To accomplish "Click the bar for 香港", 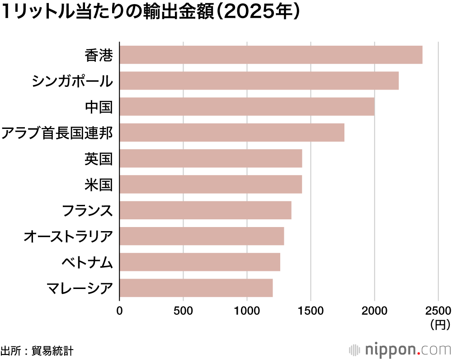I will [x=271, y=55].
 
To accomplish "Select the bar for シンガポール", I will [x=259, y=81].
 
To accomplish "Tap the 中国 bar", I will [x=247, y=107].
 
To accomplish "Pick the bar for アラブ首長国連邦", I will [x=232, y=133].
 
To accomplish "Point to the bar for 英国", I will [x=211, y=159].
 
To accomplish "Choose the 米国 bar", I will [x=211, y=185].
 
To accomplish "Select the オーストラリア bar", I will [x=202, y=236].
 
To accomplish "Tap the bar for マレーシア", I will [x=196, y=288].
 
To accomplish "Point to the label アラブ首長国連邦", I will [x=56, y=133].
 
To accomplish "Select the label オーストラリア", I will [x=68, y=237].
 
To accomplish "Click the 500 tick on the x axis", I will [x=183, y=311].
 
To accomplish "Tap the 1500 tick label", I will [x=311, y=311].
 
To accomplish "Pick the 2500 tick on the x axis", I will [x=438, y=311].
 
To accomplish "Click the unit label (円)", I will [x=440, y=324].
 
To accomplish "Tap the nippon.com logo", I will [x=400, y=350].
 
